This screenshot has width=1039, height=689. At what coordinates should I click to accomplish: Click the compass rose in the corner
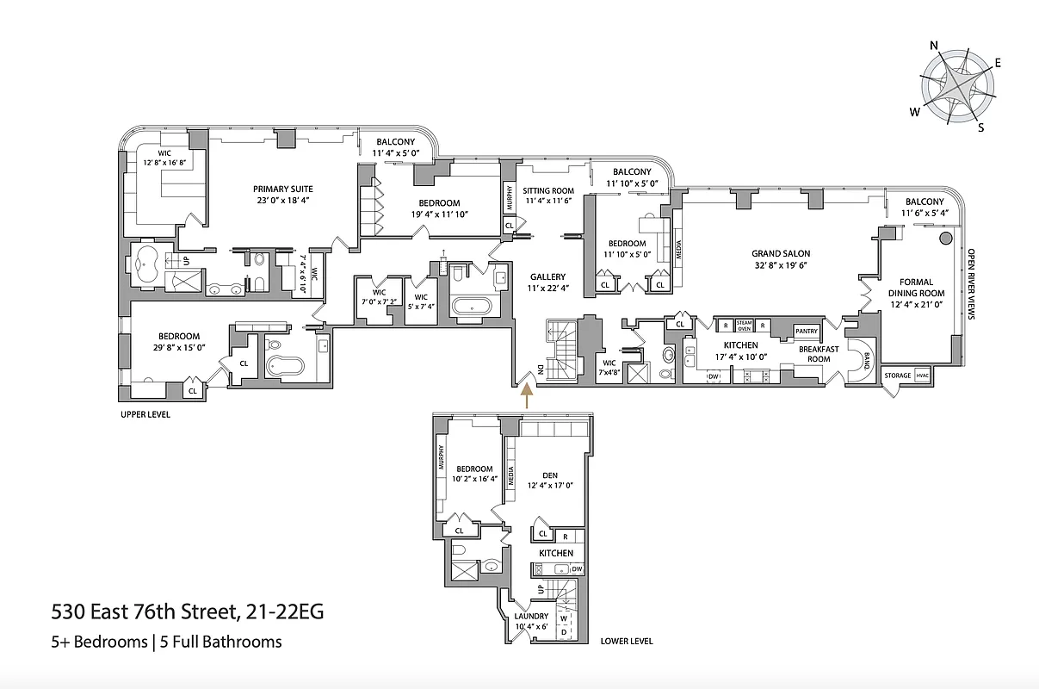(957, 84)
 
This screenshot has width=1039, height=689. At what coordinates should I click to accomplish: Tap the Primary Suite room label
(282, 189)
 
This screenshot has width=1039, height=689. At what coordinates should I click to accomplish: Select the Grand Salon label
(780, 253)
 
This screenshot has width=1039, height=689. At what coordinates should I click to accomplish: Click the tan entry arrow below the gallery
(526, 395)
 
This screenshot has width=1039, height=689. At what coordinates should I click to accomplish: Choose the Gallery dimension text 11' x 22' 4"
(547, 289)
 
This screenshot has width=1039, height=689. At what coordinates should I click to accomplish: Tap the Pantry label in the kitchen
(806, 331)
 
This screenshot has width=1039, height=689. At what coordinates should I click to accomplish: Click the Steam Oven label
(744, 326)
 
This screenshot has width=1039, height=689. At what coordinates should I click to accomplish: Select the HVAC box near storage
(922, 376)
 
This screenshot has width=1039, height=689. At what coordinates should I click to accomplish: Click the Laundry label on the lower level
(530, 616)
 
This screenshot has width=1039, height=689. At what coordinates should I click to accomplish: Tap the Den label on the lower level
(551, 475)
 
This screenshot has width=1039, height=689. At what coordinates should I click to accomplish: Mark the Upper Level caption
(145, 414)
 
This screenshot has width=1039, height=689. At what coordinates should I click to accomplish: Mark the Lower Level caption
(627, 641)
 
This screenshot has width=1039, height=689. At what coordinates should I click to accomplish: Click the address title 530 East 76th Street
(188, 613)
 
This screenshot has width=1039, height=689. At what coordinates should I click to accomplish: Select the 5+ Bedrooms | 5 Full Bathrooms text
(166, 642)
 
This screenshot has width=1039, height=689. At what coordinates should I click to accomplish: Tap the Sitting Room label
(548, 190)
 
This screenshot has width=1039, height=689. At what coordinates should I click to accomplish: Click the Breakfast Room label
(813, 354)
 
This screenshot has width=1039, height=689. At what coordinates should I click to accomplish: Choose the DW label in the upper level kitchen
(713, 376)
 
